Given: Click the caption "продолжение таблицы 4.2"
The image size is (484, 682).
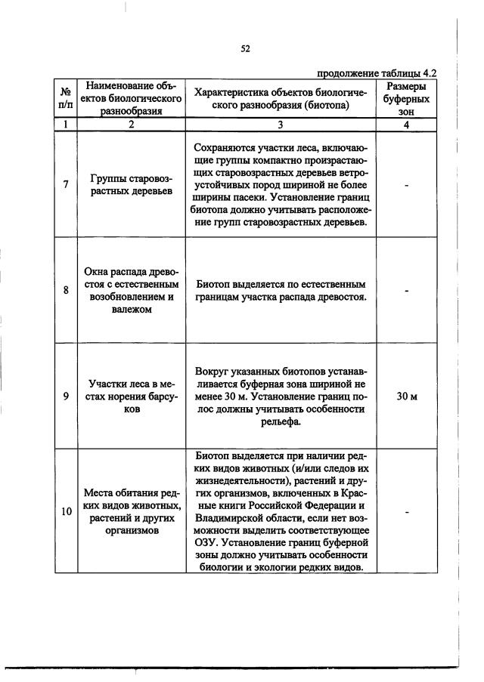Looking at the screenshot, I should coord(377,73).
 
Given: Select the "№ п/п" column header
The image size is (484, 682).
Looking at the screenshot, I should coord(65,98).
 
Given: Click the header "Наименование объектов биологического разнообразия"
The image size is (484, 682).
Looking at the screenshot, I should coord(132,98).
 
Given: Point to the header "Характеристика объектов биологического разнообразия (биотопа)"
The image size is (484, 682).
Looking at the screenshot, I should coord(280,98).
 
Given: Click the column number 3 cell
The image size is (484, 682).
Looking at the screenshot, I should coord(280,125).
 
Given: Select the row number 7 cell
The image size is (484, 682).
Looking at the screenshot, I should coord(65,185).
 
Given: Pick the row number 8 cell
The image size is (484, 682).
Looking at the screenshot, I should coord(65,291).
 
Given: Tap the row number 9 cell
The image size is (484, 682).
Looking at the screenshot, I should coord(65,396).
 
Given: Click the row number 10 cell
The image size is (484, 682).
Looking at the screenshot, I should coord(66,511).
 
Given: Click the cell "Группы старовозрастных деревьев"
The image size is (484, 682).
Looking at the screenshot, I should coord(132,185).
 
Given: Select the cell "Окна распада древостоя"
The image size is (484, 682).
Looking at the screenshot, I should coord(132,290).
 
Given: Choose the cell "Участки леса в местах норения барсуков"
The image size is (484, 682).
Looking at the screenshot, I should coord(132,396).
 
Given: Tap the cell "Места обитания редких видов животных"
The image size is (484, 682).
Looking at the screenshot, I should coord(132,511).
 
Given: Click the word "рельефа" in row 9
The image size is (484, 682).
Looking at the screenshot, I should coord(280,421).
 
